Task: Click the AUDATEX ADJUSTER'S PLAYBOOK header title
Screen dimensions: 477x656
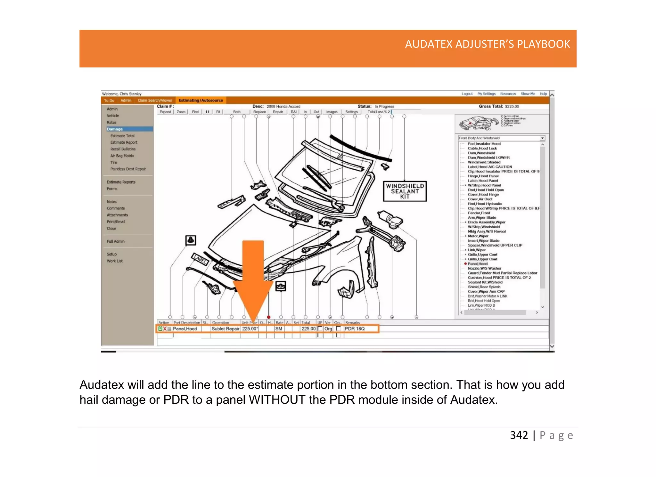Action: pos(487,44)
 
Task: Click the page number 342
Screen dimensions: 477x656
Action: pos(519,435)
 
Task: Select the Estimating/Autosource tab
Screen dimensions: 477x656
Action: pos(201,100)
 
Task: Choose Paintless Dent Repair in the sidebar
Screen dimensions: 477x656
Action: pos(128,169)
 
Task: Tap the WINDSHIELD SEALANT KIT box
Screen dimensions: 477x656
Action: pos(405,191)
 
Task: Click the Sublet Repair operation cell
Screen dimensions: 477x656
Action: pos(225,329)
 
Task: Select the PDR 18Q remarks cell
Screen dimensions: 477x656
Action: pos(355,329)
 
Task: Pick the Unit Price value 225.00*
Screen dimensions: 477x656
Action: pos(250,329)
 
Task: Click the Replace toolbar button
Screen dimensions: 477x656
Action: pos(259,112)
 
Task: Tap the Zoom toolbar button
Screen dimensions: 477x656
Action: pos(181,112)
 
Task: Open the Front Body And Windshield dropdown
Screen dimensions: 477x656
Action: pos(542,138)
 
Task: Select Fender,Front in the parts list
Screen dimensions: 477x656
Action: pos(479,213)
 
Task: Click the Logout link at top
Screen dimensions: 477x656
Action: pos(467,94)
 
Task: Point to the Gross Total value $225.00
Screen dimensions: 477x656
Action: pos(512,106)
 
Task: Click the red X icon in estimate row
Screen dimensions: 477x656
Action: pos(165,329)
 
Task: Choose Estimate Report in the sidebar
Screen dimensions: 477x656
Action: pos(124,142)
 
